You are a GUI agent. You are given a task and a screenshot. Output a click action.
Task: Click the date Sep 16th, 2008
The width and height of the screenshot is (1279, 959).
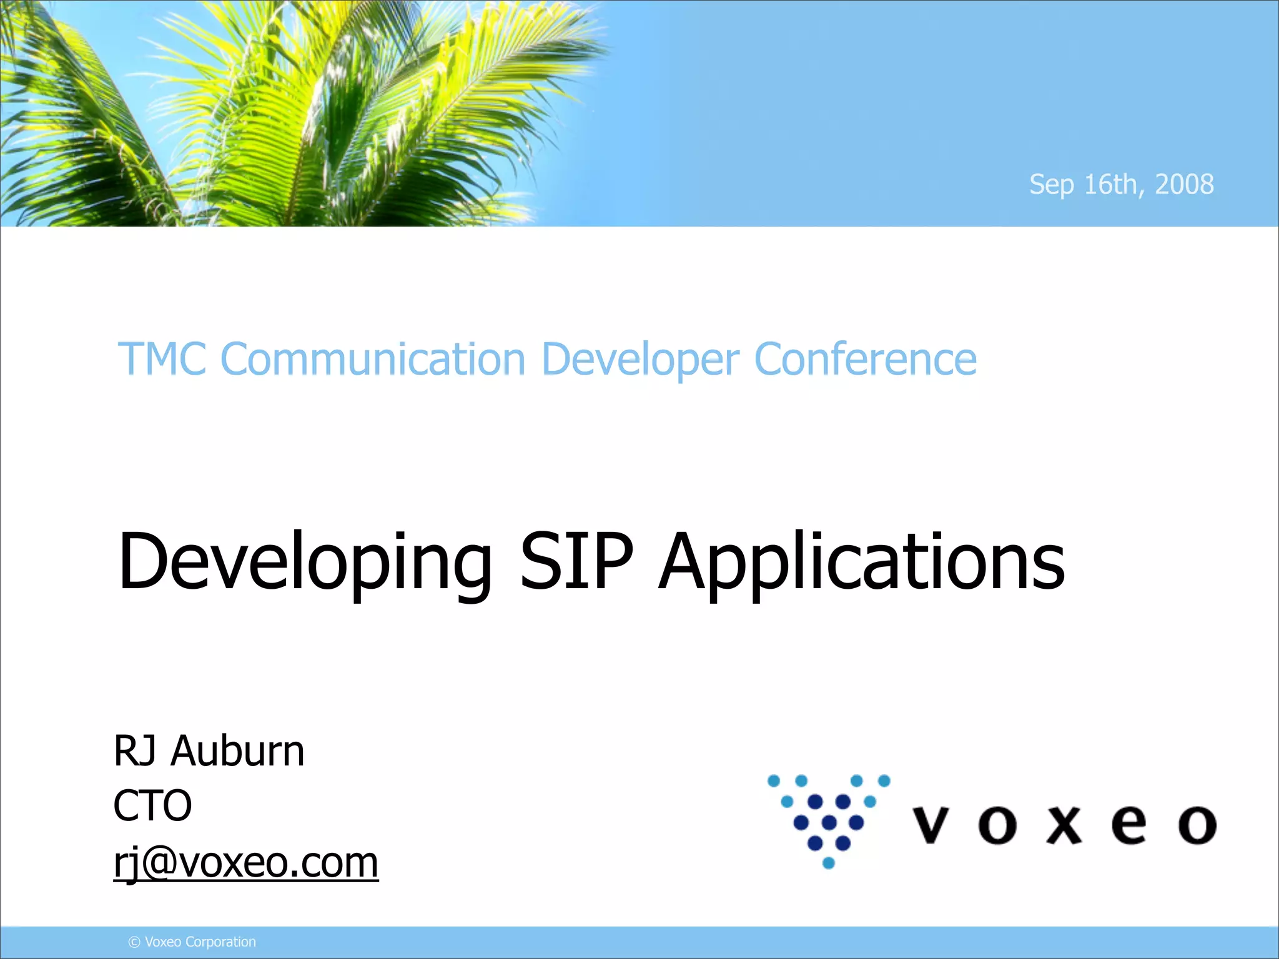(1121, 185)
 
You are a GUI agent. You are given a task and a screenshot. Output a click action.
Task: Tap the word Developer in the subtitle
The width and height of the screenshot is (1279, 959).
(640, 361)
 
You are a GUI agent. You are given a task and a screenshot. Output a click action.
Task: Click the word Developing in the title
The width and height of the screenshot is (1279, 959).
(305, 562)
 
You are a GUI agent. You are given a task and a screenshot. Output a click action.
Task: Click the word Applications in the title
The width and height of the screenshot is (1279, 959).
(862, 562)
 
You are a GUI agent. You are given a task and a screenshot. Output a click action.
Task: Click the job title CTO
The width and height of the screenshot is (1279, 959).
(152, 805)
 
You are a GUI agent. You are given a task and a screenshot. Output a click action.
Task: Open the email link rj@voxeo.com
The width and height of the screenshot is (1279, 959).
(245, 863)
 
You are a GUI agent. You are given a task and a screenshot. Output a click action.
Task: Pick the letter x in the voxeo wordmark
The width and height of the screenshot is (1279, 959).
(1064, 825)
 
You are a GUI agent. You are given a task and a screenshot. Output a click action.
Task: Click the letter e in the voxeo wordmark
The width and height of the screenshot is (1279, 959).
(1129, 825)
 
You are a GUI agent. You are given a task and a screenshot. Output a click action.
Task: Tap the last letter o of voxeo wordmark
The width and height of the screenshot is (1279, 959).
(1197, 825)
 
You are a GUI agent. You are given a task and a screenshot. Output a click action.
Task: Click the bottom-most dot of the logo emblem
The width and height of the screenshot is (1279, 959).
(829, 863)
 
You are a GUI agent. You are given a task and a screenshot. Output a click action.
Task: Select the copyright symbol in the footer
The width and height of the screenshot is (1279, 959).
(134, 942)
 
